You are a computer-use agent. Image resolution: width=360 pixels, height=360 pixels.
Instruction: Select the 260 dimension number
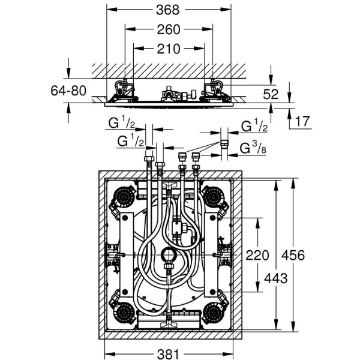169,29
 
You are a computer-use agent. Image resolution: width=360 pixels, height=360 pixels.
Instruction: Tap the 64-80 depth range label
69,91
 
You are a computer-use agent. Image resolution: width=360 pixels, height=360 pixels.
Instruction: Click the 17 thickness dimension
303,121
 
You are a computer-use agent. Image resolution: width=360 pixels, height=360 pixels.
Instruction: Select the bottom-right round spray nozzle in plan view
214,312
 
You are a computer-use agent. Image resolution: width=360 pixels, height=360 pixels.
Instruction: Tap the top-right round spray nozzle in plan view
214,195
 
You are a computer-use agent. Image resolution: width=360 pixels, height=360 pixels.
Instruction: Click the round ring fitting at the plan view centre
169,258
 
